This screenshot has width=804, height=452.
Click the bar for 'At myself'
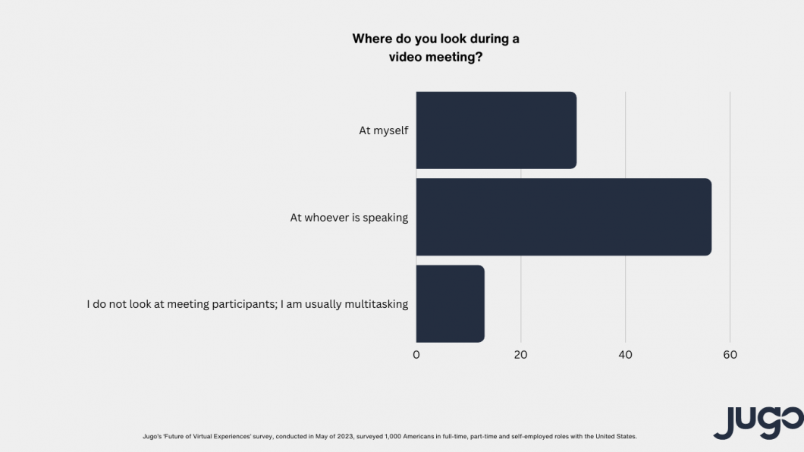(496, 130)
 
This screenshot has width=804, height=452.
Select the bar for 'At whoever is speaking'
(564, 217)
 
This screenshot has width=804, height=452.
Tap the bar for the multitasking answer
(450, 303)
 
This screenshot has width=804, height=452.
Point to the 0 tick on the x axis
(416, 355)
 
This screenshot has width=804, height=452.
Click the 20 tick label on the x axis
(521, 355)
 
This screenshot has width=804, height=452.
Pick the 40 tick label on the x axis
(626, 355)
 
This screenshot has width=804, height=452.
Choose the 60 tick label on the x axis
(730, 355)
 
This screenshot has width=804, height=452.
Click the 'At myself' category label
(384, 130)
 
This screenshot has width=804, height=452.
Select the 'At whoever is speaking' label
(349, 218)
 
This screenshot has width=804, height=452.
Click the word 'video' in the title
(407, 58)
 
